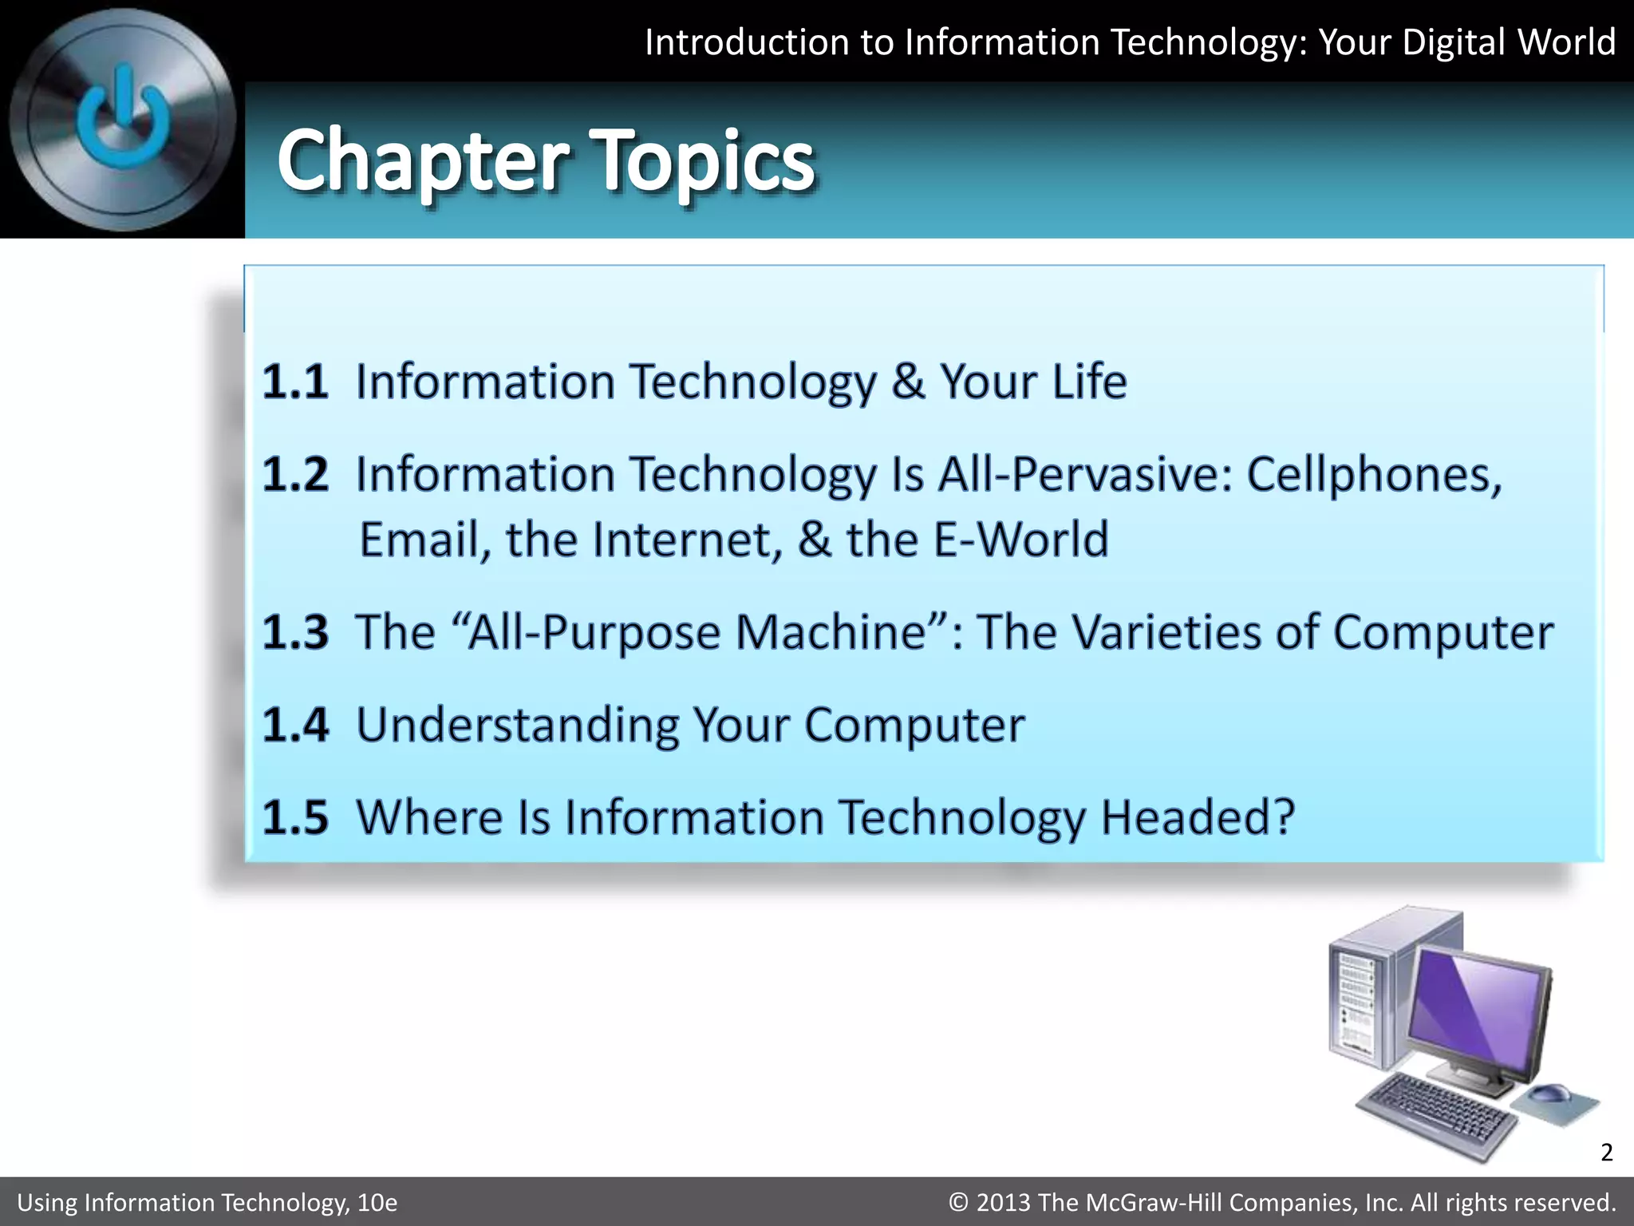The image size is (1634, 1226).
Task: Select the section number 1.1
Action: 295,382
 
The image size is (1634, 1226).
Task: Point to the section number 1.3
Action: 295,632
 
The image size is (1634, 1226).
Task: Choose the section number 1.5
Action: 295,817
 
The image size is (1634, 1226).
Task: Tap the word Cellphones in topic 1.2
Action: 1372,475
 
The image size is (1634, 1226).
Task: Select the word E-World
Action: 1020,540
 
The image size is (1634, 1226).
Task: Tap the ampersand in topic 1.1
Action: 908,382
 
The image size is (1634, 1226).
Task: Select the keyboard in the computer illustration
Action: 1436,1113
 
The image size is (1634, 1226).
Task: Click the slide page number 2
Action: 1606,1153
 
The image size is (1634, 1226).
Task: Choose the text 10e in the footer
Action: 377,1202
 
